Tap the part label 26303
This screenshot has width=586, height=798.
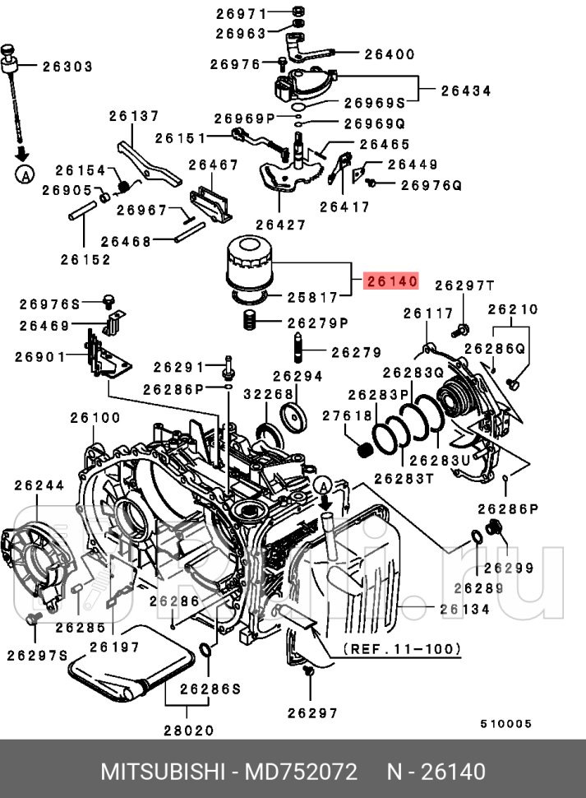coord(67,67)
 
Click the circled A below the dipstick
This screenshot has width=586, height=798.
coord(25,174)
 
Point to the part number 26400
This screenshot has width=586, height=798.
coord(389,54)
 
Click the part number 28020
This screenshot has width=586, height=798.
coord(188,730)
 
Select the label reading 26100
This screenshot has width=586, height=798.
coord(95,418)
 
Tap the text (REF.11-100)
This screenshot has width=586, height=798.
coord(402,649)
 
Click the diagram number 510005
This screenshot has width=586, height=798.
coord(506,724)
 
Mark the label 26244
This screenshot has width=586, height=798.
coord(39,486)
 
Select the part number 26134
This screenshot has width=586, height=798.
coord(464,610)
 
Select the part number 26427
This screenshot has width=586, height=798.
coord(280,225)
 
